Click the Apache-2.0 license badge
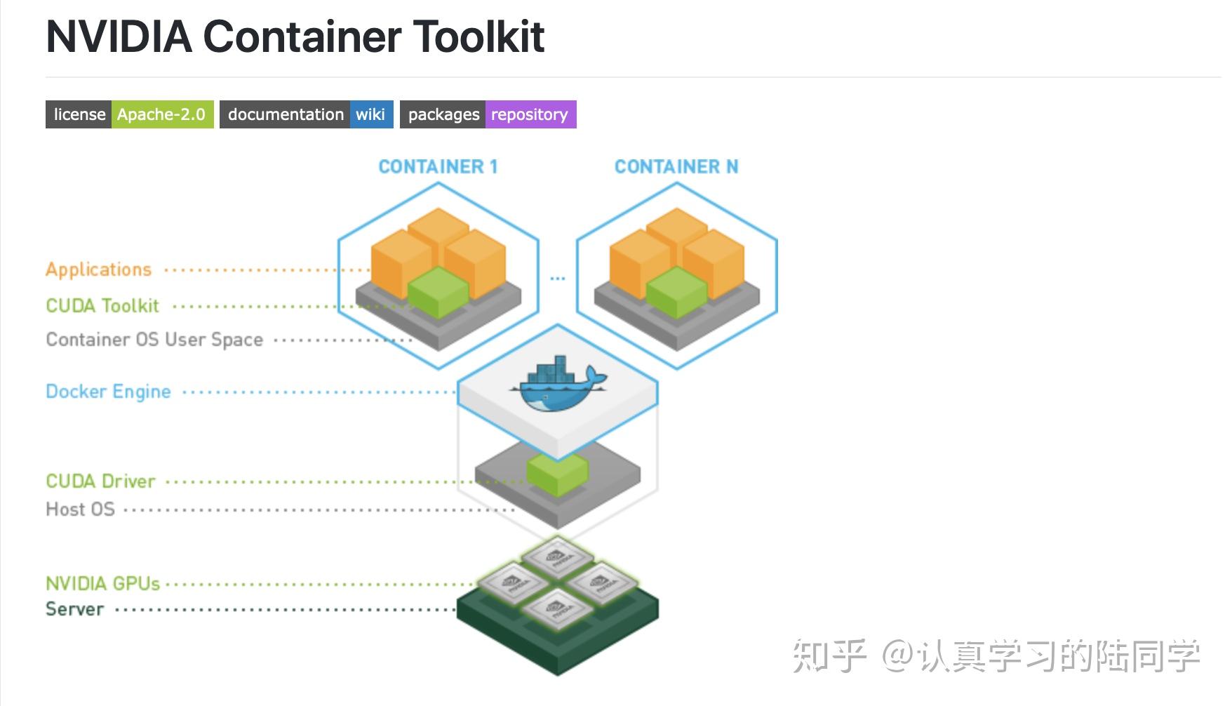coord(161,114)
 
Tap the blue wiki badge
coord(370,114)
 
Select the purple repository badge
coord(530,114)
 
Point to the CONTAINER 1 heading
coord(438,166)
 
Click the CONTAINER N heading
coord(676,166)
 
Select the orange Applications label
coord(98,269)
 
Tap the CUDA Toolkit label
coord(102,306)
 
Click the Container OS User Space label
coord(154,340)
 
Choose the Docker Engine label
coord(108,392)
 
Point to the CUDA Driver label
coord(100,481)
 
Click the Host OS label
coord(80,509)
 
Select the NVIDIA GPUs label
coord(102,584)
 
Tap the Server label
coord(74,609)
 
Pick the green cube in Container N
coord(676,292)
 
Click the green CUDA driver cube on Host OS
coord(558,474)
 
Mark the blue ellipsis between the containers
coord(557,279)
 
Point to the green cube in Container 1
coord(438,292)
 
